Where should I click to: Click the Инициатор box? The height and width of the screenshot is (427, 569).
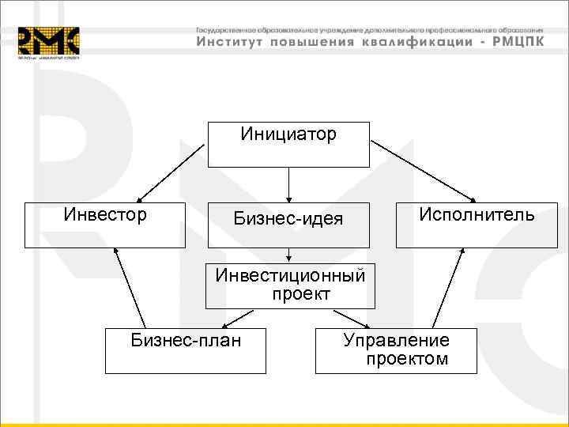[x=288, y=144]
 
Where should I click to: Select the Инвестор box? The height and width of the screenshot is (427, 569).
[x=104, y=225]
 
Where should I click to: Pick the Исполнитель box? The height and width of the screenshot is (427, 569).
[x=476, y=225]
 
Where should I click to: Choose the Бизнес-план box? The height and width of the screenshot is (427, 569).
[x=186, y=350]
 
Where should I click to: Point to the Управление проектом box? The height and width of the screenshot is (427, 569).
[x=396, y=350]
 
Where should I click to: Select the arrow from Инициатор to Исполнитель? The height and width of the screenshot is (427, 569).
[x=423, y=171]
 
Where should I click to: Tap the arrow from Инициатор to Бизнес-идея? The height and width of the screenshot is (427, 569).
[x=288, y=184]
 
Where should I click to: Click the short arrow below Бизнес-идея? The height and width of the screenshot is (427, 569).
[x=288, y=254]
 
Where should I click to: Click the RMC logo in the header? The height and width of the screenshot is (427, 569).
[x=49, y=43]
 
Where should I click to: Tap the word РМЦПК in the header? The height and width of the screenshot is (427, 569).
[x=517, y=42]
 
